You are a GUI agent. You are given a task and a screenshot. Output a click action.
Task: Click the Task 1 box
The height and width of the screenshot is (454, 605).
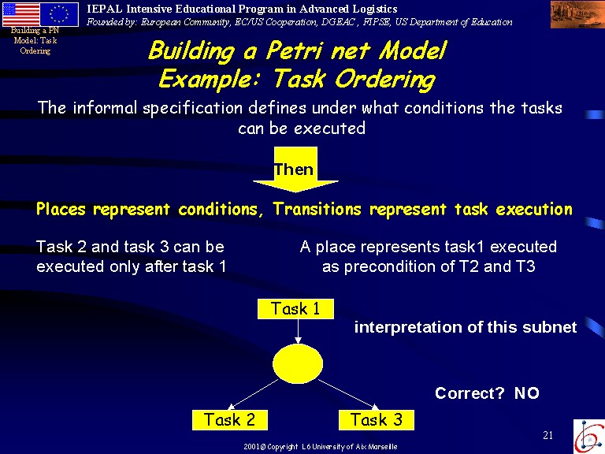tap(295, 308)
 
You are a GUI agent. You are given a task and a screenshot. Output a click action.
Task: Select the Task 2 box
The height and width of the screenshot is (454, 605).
tap(230, 420)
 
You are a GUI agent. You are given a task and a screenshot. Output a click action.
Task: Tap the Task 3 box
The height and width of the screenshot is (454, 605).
tap(377, 420)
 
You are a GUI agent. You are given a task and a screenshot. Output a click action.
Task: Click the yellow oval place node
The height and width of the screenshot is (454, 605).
tap(298, 363)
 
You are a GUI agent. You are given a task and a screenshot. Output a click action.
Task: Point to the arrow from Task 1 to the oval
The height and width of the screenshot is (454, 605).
tap(298, 331)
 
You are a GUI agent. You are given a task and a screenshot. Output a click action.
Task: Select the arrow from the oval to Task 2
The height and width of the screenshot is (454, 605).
tap(253, 394)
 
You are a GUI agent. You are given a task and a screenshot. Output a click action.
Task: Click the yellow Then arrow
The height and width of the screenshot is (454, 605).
tap(296, 169)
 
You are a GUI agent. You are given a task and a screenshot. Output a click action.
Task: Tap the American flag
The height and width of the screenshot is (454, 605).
tap(21, 14)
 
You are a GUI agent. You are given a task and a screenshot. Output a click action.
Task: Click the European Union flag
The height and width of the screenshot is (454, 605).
tap(59, 14)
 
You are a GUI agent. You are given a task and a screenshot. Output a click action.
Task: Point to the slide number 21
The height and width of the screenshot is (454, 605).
tap(548, 435)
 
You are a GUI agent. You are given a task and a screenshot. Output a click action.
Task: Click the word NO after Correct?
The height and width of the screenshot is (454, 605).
tap(527, 393)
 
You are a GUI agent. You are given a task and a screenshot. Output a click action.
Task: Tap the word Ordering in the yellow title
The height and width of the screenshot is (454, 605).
tap(385, 80)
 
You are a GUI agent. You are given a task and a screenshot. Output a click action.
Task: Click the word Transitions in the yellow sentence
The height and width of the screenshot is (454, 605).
tap(317, 209)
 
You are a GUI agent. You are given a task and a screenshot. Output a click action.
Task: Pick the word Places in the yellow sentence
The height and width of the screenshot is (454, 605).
tap(61, 209)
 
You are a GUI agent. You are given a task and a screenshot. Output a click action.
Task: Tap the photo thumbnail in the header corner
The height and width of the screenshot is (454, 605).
tap(577, 14)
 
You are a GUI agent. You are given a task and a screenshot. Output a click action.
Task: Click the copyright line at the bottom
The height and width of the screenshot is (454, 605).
tap(321, 447)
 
